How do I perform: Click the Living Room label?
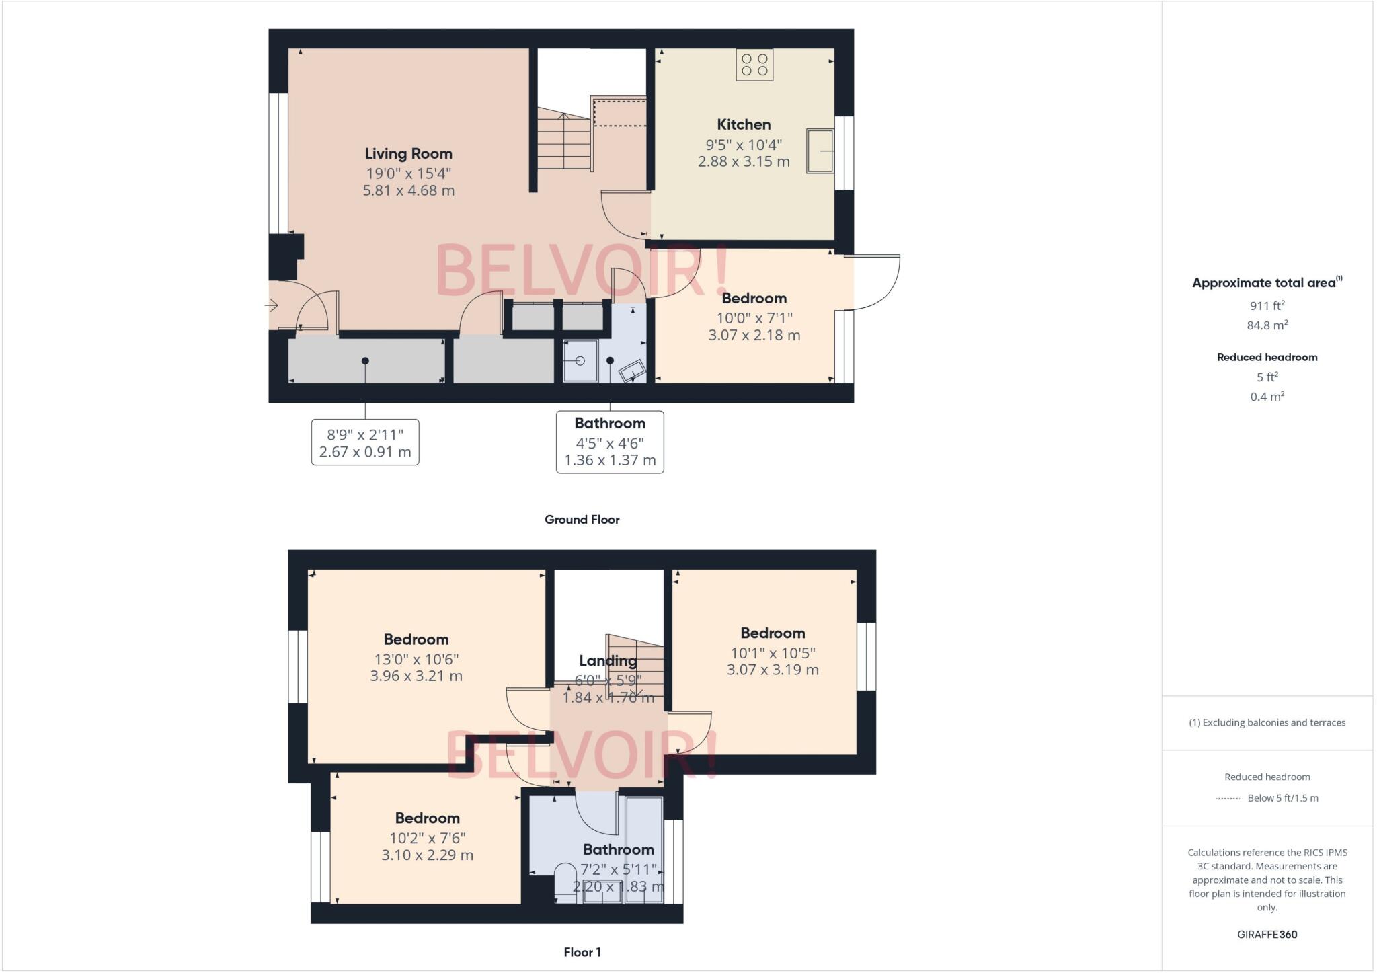pyautogui.click(x=408, y=153)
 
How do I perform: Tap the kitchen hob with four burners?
pyautogui.click(x=754, y=65)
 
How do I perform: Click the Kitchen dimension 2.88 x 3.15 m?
pyautogui.click(x=744, y=161)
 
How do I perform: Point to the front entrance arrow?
pyautogui.click(x=272, y=306)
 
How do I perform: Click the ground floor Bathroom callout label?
pyautogui.click(x=610, y=424)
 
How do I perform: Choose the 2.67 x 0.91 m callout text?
pyautogui.click(x=365, y=452)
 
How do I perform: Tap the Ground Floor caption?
pyautogui.click(x=582, y=520)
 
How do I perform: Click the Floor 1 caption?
pyautogui.click(x=582, y=952)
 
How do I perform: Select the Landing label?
pyautogui.click(x=608, y=661)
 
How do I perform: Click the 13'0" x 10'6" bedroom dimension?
pyautogui.click(x=416, y=659)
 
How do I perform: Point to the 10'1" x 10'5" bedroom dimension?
pyautogui.click(x=773, y=652)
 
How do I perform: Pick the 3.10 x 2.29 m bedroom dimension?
pyautogui.click(x=427, y=855)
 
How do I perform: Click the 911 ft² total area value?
pyautogui.click(x=1267, y=305)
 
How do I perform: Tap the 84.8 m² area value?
pyautogui.click(x=1267, y=325)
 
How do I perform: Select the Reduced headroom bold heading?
pyautogui.click(x=1267, y=357)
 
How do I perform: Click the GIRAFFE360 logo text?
pyautogui.click(x=1267, y=934)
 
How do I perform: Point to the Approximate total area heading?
pyautogui.click(x=1264, y=283)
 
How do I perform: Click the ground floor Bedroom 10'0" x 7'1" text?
pyautogui.click(x=754, y=317)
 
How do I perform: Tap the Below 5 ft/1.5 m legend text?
pyautogui.click(x=1282, y=798)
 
